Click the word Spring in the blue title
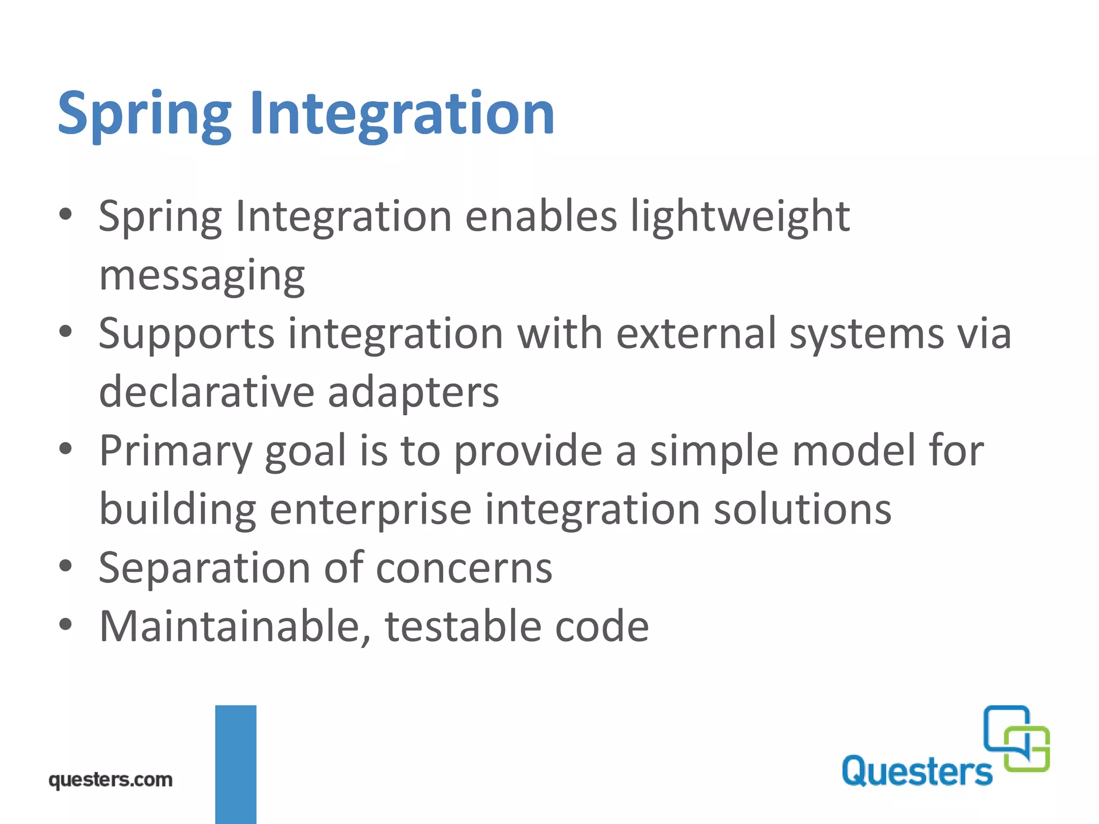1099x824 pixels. (x=144, y=114)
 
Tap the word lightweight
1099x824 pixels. (x=740, y=217)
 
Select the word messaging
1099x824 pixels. (x=202, y=276)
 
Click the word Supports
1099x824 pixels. (x=186, y=335)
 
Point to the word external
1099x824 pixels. (x=696, y=334)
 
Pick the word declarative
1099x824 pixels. (x=207, y=392)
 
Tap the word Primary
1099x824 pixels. (x=175, y=452)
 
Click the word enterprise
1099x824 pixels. (x=370, y=510)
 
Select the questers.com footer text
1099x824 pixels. (x=111, y=779)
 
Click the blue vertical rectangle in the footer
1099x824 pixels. (x=236, y=764)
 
